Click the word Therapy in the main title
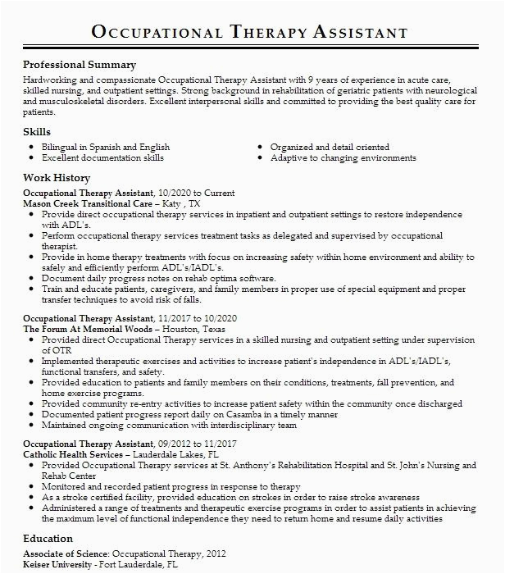(266, 32)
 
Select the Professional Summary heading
(80, 64)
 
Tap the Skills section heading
(37, 131)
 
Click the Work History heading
(57, 178)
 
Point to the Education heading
(48, 539)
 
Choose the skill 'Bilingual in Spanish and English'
(106, 146)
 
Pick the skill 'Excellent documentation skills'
(102, 157)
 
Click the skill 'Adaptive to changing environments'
(343, 157)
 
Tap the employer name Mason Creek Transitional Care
(89, 203)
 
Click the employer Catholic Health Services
(72, 453)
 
